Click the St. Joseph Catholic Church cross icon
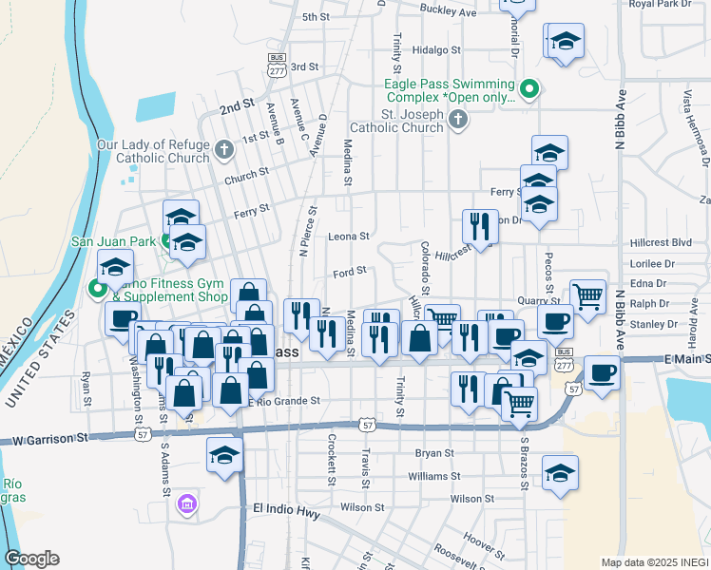[458, 119]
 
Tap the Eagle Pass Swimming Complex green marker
[530, 91]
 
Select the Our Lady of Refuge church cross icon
[224, 149]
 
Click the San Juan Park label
[112, 241]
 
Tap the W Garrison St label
[44, 439]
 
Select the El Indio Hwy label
[285, 508]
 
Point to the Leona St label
[348, 237]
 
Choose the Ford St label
[350, 273]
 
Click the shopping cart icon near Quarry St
[588, 295]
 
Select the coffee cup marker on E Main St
[602, 371]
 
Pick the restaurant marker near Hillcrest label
[478, 226]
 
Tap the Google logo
[32, 559]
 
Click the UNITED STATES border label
[41, 355]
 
